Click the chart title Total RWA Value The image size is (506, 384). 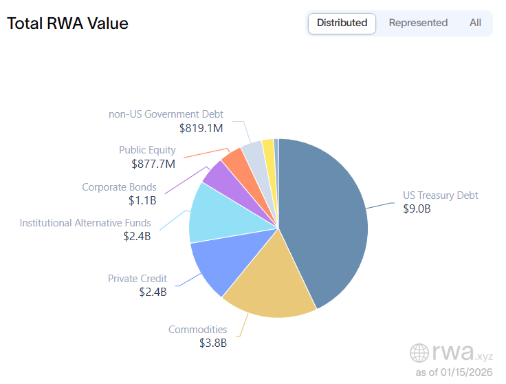[x=67, y=23]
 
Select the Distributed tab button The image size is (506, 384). [x=342, y=23]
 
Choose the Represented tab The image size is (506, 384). [x=418, y=23]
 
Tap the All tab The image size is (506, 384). [x=475, y=23]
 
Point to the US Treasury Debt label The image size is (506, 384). [x=440, y=195]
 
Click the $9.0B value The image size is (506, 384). [x=417, y=209]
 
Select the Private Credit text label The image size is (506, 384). [x=137, y=279]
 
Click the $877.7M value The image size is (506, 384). [x=153, y=164]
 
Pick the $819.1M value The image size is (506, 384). [x=201, y=128]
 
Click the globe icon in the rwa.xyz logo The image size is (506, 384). [x=419, y=353]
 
